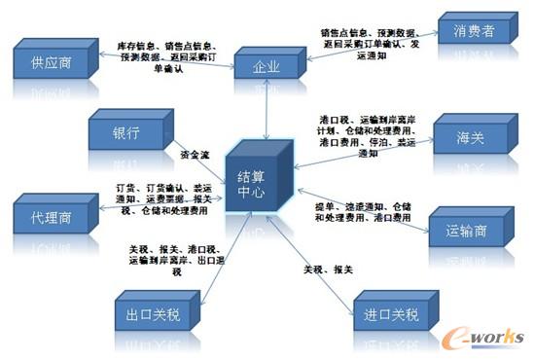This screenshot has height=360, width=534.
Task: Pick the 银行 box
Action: pos(126,132)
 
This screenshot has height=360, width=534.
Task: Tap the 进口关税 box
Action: pos(388,314)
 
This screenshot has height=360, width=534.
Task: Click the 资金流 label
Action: pos(195,153)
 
